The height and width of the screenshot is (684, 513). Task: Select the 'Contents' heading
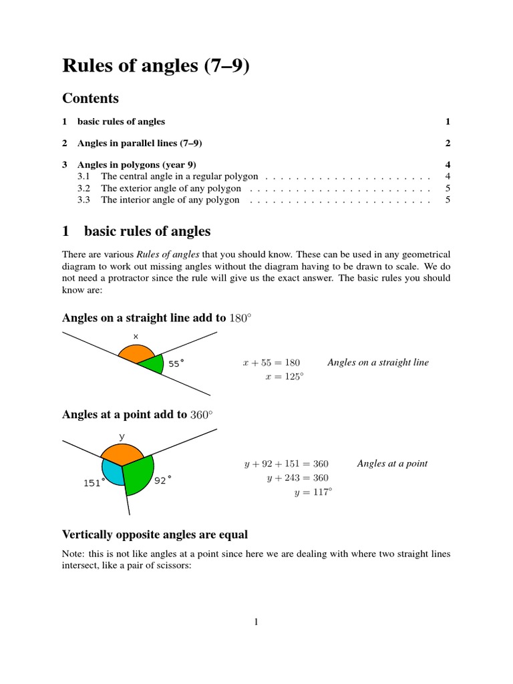[90, 98]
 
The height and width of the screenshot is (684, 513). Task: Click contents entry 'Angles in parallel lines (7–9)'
[140, 143]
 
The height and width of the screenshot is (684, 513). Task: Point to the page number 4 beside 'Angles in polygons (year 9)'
[448, 164]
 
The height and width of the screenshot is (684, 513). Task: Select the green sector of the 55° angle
[154, 365]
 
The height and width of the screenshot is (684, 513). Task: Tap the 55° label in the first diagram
[176, 364]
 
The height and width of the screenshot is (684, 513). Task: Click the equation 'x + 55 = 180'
[271, 363]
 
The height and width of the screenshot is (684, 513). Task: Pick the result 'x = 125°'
[284, 376]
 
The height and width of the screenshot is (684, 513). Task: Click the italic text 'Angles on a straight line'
[378, 362]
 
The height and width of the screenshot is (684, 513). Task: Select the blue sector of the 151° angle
[112, 472]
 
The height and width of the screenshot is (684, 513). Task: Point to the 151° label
[94, 483]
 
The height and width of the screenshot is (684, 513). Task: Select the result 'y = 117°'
[313, 492]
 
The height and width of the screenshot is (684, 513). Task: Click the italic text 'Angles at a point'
[392, 463]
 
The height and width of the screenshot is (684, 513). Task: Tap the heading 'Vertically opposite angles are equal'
[154, 534]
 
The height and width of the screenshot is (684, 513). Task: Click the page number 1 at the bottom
[256, 623]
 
